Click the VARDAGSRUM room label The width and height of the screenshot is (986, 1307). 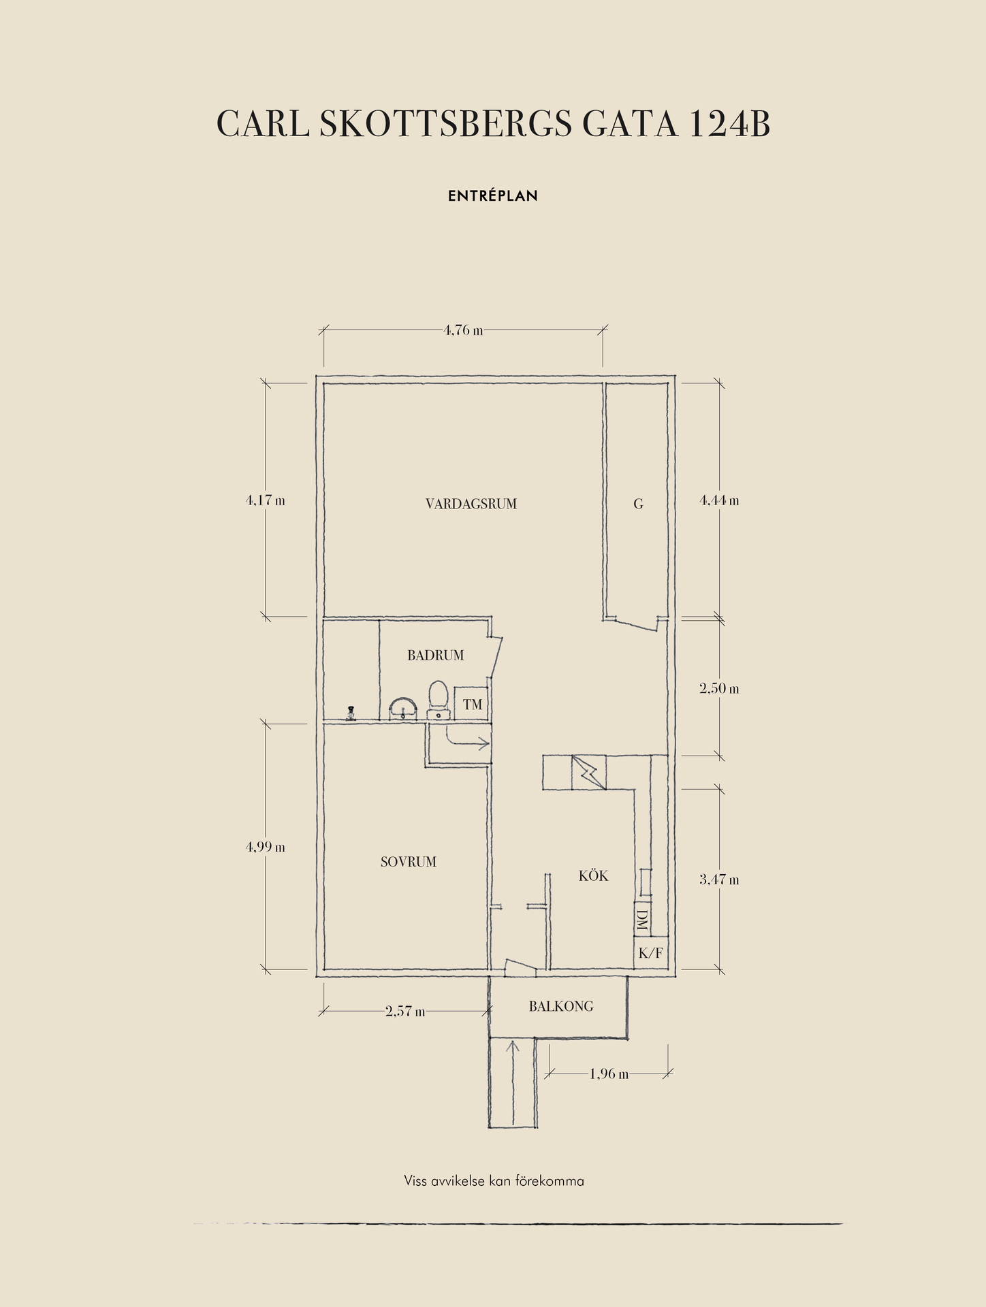coord(471,504)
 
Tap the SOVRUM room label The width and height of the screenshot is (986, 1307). coord(409,862)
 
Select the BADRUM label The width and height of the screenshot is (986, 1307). coord(436,656)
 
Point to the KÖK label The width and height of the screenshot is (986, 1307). coord(594,875)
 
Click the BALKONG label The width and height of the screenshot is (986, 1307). coord(561,1006)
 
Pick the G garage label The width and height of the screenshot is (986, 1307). coord(639,504)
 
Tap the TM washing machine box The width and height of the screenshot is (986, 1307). coord(473,704)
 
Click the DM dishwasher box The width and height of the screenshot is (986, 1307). coord(641,920)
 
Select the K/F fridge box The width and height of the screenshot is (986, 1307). coord(651,953)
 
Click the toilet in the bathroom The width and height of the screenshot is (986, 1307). coord(438,699)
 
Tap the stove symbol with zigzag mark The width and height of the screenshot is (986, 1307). coord(588,773)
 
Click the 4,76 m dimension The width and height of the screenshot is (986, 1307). coord(464,331)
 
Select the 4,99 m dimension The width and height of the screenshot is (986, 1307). coord(266,848)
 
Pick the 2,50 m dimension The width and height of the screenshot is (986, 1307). coord(719,689)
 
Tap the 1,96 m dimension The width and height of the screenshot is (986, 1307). coord(609,1074)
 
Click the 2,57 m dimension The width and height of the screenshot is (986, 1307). coord(405,1012)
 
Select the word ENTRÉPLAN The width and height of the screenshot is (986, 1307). coord(493,196)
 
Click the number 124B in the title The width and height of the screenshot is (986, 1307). coord(729,125)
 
